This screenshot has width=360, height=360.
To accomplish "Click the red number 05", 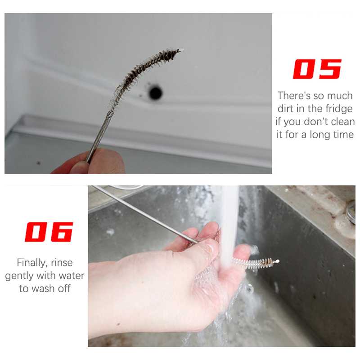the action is click(317, 69).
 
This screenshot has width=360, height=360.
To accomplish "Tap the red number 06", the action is click(49, 232).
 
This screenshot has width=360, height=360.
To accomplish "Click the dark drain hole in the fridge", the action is click(155, 93).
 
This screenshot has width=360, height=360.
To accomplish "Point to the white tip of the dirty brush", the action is click(181, 49).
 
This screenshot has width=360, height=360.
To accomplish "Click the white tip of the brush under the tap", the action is click(277, 261).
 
